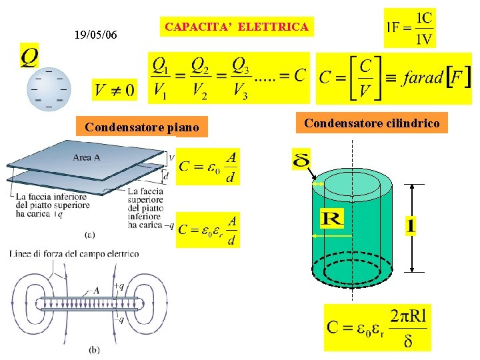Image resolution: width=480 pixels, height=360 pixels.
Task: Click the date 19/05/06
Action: (96, 34)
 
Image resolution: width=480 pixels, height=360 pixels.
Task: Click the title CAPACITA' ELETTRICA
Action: (237, 27)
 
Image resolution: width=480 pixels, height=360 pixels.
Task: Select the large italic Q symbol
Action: (29, 56)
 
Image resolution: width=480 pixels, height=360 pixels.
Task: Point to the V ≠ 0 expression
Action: (114, 89)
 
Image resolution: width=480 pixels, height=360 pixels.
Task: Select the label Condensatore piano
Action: (142, 127)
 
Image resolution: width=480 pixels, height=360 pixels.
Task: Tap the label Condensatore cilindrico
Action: (372, 123)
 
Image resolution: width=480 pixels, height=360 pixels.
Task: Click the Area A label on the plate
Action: (87, 158)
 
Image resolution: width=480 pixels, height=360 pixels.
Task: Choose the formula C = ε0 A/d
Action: (209, 167)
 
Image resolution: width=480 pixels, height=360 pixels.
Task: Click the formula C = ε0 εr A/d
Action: (207, 230)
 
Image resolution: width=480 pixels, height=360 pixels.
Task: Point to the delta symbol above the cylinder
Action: (301, 160)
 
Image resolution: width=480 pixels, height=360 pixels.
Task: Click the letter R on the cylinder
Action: (331, 218)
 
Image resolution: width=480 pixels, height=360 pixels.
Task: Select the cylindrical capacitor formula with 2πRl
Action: (377, 327)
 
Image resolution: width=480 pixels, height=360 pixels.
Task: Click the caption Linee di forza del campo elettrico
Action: (75, 253)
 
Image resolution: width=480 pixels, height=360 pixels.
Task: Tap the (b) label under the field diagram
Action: (95, 349)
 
